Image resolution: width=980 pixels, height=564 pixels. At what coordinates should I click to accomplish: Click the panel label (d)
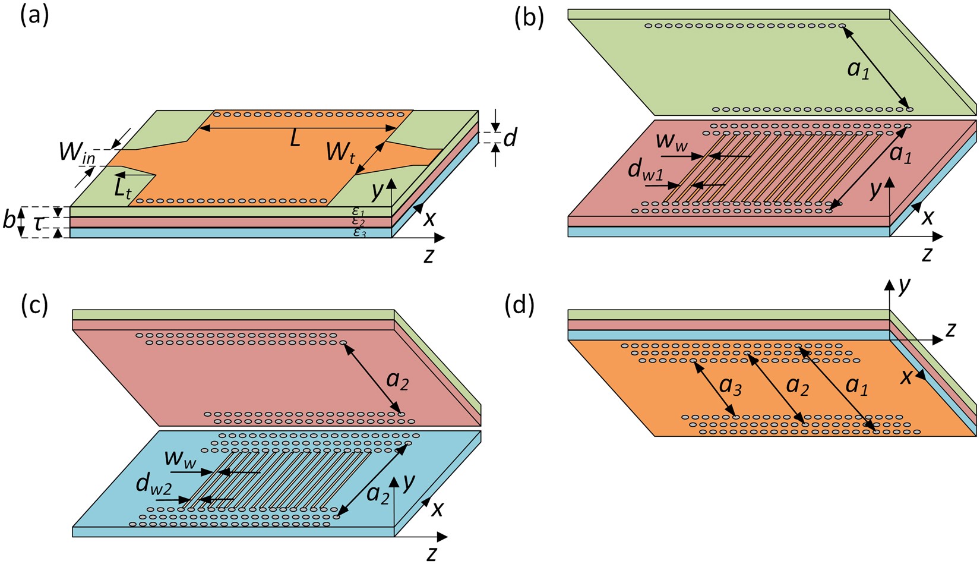click(519, 307)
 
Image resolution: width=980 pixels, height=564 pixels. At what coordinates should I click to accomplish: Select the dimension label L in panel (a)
click(295, 140)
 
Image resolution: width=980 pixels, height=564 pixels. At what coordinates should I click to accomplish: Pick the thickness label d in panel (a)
click(510, 138)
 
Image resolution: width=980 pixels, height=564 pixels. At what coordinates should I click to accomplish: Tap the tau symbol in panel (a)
click(37, 222)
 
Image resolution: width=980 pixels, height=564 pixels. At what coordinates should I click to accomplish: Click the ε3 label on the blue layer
click(360, 233)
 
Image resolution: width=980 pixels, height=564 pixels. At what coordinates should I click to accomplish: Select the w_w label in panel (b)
click(669, 143)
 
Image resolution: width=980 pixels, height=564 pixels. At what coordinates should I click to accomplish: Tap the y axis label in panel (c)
click(407, 484)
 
